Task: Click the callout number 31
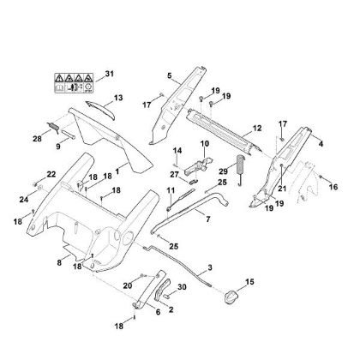coord(109,74)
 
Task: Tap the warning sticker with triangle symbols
coord(74,83)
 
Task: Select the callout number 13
coord(118,98)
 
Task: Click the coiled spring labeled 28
coord(53,128)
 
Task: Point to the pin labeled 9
coord(68,135)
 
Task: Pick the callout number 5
coord(170,75)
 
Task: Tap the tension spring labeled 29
coord(241,170)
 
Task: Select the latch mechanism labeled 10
coord(199,165)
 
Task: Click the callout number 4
coord(321,144)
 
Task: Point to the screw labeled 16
coord(321,177)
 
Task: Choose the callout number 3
coord(210,268)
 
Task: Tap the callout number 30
coord(182,286)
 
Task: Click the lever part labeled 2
coord(162,290)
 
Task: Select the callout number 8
coord(59,262)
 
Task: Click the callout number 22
coord(51,174)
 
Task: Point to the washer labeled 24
coord(40,188)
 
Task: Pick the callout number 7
coord(208,219)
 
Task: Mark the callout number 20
coord(128,285)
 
